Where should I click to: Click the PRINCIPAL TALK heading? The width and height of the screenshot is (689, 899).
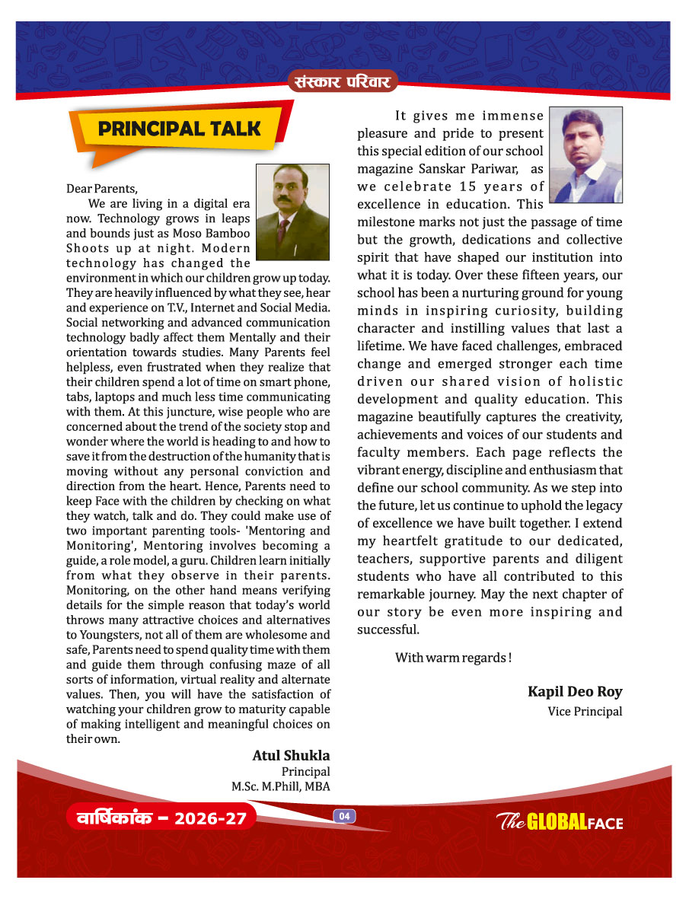tap(180, 129)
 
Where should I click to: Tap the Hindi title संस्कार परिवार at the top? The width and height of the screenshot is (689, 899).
tap(343, 80)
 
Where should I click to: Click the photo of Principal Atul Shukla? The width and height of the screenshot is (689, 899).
tap(292, 212)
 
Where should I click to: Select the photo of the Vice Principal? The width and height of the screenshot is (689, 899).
tap(585, 155)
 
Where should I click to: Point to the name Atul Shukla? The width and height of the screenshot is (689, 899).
tap(291, 755)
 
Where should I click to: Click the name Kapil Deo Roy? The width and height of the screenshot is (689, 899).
tap(575, 691)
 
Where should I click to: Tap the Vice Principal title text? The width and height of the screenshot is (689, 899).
tap(585, 712)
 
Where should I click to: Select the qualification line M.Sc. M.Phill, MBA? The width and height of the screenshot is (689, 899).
tap(281, 786)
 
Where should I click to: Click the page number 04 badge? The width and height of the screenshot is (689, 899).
tap(344, 816)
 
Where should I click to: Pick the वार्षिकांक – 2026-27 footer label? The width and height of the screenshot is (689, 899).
tap(161, 819)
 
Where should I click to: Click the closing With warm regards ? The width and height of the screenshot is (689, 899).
tap(453, 658)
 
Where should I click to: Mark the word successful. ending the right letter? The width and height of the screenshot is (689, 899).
tap(388, 630)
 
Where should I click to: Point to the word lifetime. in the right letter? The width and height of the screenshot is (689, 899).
tap(387, 346)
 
